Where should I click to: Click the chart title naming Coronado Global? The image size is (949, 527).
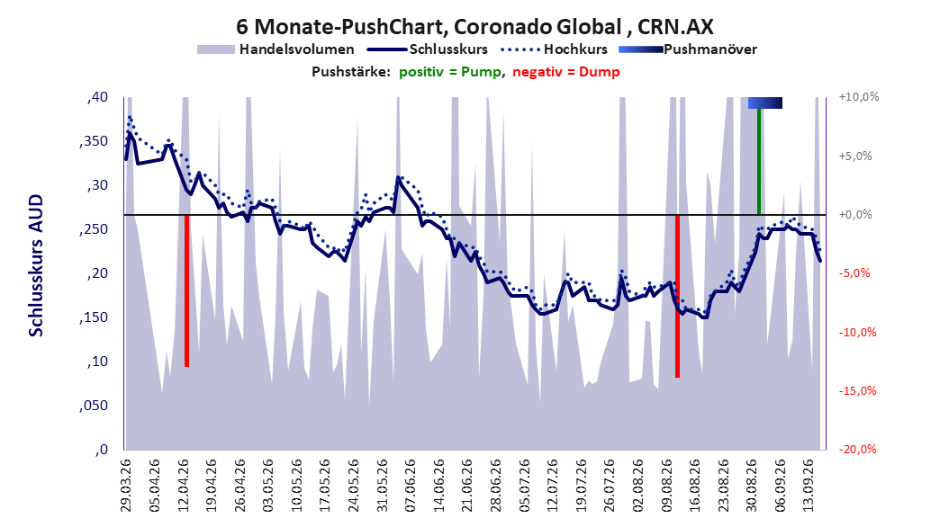pos(474,27)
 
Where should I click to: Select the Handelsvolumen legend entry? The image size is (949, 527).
pos(276,49)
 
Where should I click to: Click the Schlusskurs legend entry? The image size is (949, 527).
pos(428,49)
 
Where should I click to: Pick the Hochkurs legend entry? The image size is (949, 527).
pos(555,49)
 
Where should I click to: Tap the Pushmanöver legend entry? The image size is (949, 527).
pos(688,49)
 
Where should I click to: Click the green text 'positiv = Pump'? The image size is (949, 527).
pos(450,72)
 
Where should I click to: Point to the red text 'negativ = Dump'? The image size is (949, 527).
pos(566,72)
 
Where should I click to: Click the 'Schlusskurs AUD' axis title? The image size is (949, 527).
pos(36,265)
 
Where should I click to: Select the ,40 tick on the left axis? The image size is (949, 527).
pos(97,97)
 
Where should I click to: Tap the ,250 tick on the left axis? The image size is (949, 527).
pos(94,229)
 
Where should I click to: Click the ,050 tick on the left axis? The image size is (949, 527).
pos(94,406)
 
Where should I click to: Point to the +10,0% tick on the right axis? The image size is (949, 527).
pos(859,97)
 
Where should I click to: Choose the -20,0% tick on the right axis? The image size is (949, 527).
pos(857,449)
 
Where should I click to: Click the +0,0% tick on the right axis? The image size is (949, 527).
pos(855,215)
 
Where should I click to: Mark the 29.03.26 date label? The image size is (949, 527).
pos(126,486)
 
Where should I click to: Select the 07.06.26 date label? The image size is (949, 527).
pos(411,486)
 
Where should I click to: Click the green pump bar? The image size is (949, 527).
pos(759,161)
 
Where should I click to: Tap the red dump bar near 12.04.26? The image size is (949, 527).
pos(187,290)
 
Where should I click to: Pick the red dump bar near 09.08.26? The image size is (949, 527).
pos(677,296)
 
